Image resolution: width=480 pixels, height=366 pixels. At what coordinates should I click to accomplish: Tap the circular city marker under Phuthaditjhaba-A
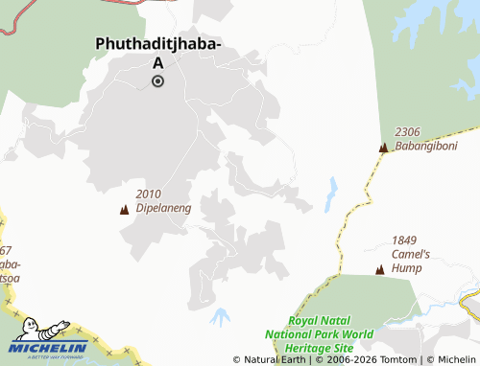tap(157, 81)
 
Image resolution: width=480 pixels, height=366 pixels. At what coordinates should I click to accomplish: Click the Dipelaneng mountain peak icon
tap(124, 210)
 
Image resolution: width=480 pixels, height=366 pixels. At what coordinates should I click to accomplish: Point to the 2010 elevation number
tap(149, 193)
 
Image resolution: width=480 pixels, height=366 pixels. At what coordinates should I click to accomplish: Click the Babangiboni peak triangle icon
tap(384, 148)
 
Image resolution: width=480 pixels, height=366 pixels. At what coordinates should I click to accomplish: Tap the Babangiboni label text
tap(426, 147)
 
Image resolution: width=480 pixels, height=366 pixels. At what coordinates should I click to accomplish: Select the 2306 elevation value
tap(407, 132)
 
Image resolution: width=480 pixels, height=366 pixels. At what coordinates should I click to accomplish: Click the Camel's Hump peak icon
tap(380, 270)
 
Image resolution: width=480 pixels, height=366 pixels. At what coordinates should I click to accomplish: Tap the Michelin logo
tap(49, 337)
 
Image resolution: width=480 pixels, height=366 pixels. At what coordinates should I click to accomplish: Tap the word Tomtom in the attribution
tap(396, 359)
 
